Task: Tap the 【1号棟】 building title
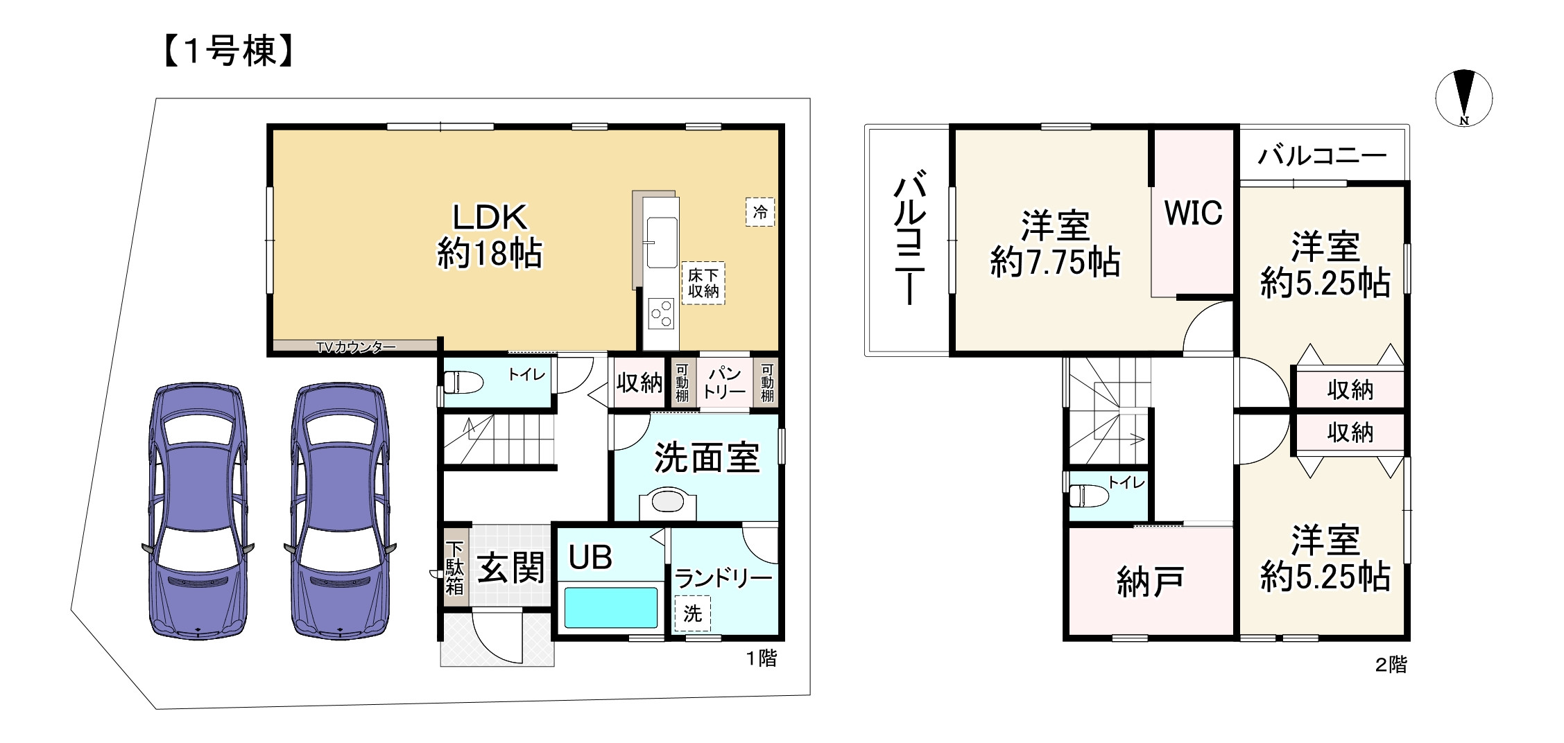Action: (x=230, y=51)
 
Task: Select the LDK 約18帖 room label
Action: (x=490, y=236)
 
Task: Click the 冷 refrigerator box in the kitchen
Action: (x=760, y=211)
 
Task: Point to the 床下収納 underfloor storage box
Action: (x=703, y=283)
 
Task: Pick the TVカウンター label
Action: (x=356, y=347)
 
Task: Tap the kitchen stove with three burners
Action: (x=661, y=313)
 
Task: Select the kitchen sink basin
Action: (x=662, y=242)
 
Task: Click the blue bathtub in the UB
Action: (x=610, y=608)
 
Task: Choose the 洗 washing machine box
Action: (x=692, y=613)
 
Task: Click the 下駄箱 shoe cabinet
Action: (x=455, y=568)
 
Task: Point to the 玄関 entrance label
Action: (x=510, y=569)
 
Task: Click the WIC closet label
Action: (x=1193, y=213)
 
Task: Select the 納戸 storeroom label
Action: (x=1149, y=582)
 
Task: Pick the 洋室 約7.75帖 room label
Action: (x=1054, y=244)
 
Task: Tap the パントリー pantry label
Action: (x=724, y=383)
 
